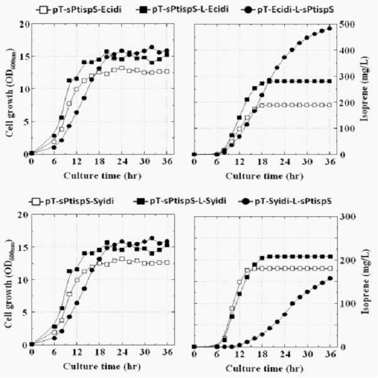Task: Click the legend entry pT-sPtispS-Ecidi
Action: click(x=79, y=9)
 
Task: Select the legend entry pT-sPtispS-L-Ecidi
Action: click(x=182, y=9)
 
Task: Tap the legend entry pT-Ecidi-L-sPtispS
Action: click(x=287, y=9)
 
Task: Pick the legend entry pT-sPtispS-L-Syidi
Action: click(x=180, y=201)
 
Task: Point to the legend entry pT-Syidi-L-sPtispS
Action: click(x=285, y=201)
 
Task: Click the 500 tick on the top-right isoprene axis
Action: click(x=347, y=24)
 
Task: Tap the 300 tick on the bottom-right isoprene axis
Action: click(x=347, y=216)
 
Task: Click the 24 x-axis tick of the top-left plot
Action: click(x=122, y=161)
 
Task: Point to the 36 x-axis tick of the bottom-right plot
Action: click(x=330, y=353)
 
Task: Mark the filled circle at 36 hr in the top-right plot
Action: click(x=330, y=28)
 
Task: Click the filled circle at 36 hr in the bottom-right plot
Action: click(x=330, y=279)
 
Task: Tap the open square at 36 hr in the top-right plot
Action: click(x=330, y=105)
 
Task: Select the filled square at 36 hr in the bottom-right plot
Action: click(x=330, y=257)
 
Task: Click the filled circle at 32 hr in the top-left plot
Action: click(x=152, y=47)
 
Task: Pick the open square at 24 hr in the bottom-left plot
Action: click(x=122, y=259)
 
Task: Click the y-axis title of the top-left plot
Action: click(x=11, y=93)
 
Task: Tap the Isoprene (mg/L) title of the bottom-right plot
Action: click(x=366, y=281)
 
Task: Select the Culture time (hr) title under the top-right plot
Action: click(x=264, y=177)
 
